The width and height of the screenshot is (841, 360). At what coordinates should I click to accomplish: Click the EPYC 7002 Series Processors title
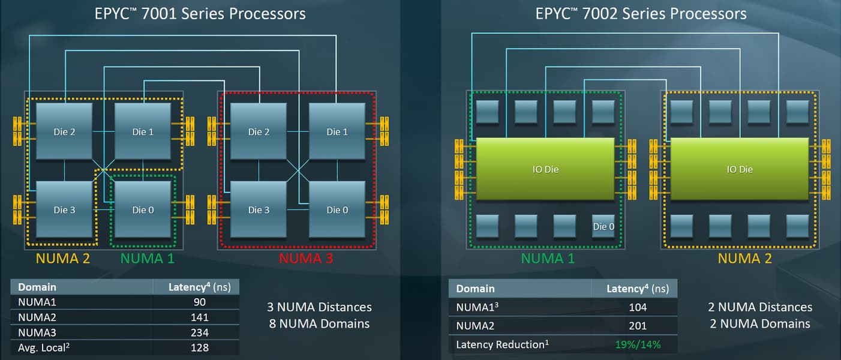coord(641,14)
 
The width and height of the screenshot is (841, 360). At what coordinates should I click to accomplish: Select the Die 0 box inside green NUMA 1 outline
coord(143,209)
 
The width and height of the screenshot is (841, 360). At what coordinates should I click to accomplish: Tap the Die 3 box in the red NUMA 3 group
coord(259,209)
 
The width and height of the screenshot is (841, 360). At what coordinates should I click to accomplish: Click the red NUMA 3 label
coord(305,259)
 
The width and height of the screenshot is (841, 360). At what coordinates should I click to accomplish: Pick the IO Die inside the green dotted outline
coord(545,169)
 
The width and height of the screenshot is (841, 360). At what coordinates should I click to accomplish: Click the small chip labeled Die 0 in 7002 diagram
coord(603,226)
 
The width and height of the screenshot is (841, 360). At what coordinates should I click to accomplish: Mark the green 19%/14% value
coord(638,344)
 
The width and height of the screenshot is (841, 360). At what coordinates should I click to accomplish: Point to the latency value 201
coord(638,325)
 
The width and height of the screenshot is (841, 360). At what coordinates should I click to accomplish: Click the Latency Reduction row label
coord(503,344)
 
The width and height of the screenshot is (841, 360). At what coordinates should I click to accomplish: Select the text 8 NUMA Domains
coord(319,324)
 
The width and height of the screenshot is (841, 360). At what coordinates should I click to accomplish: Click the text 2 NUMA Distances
coord(760,307)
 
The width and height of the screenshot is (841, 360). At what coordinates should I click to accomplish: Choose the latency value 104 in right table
coord(638,307)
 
